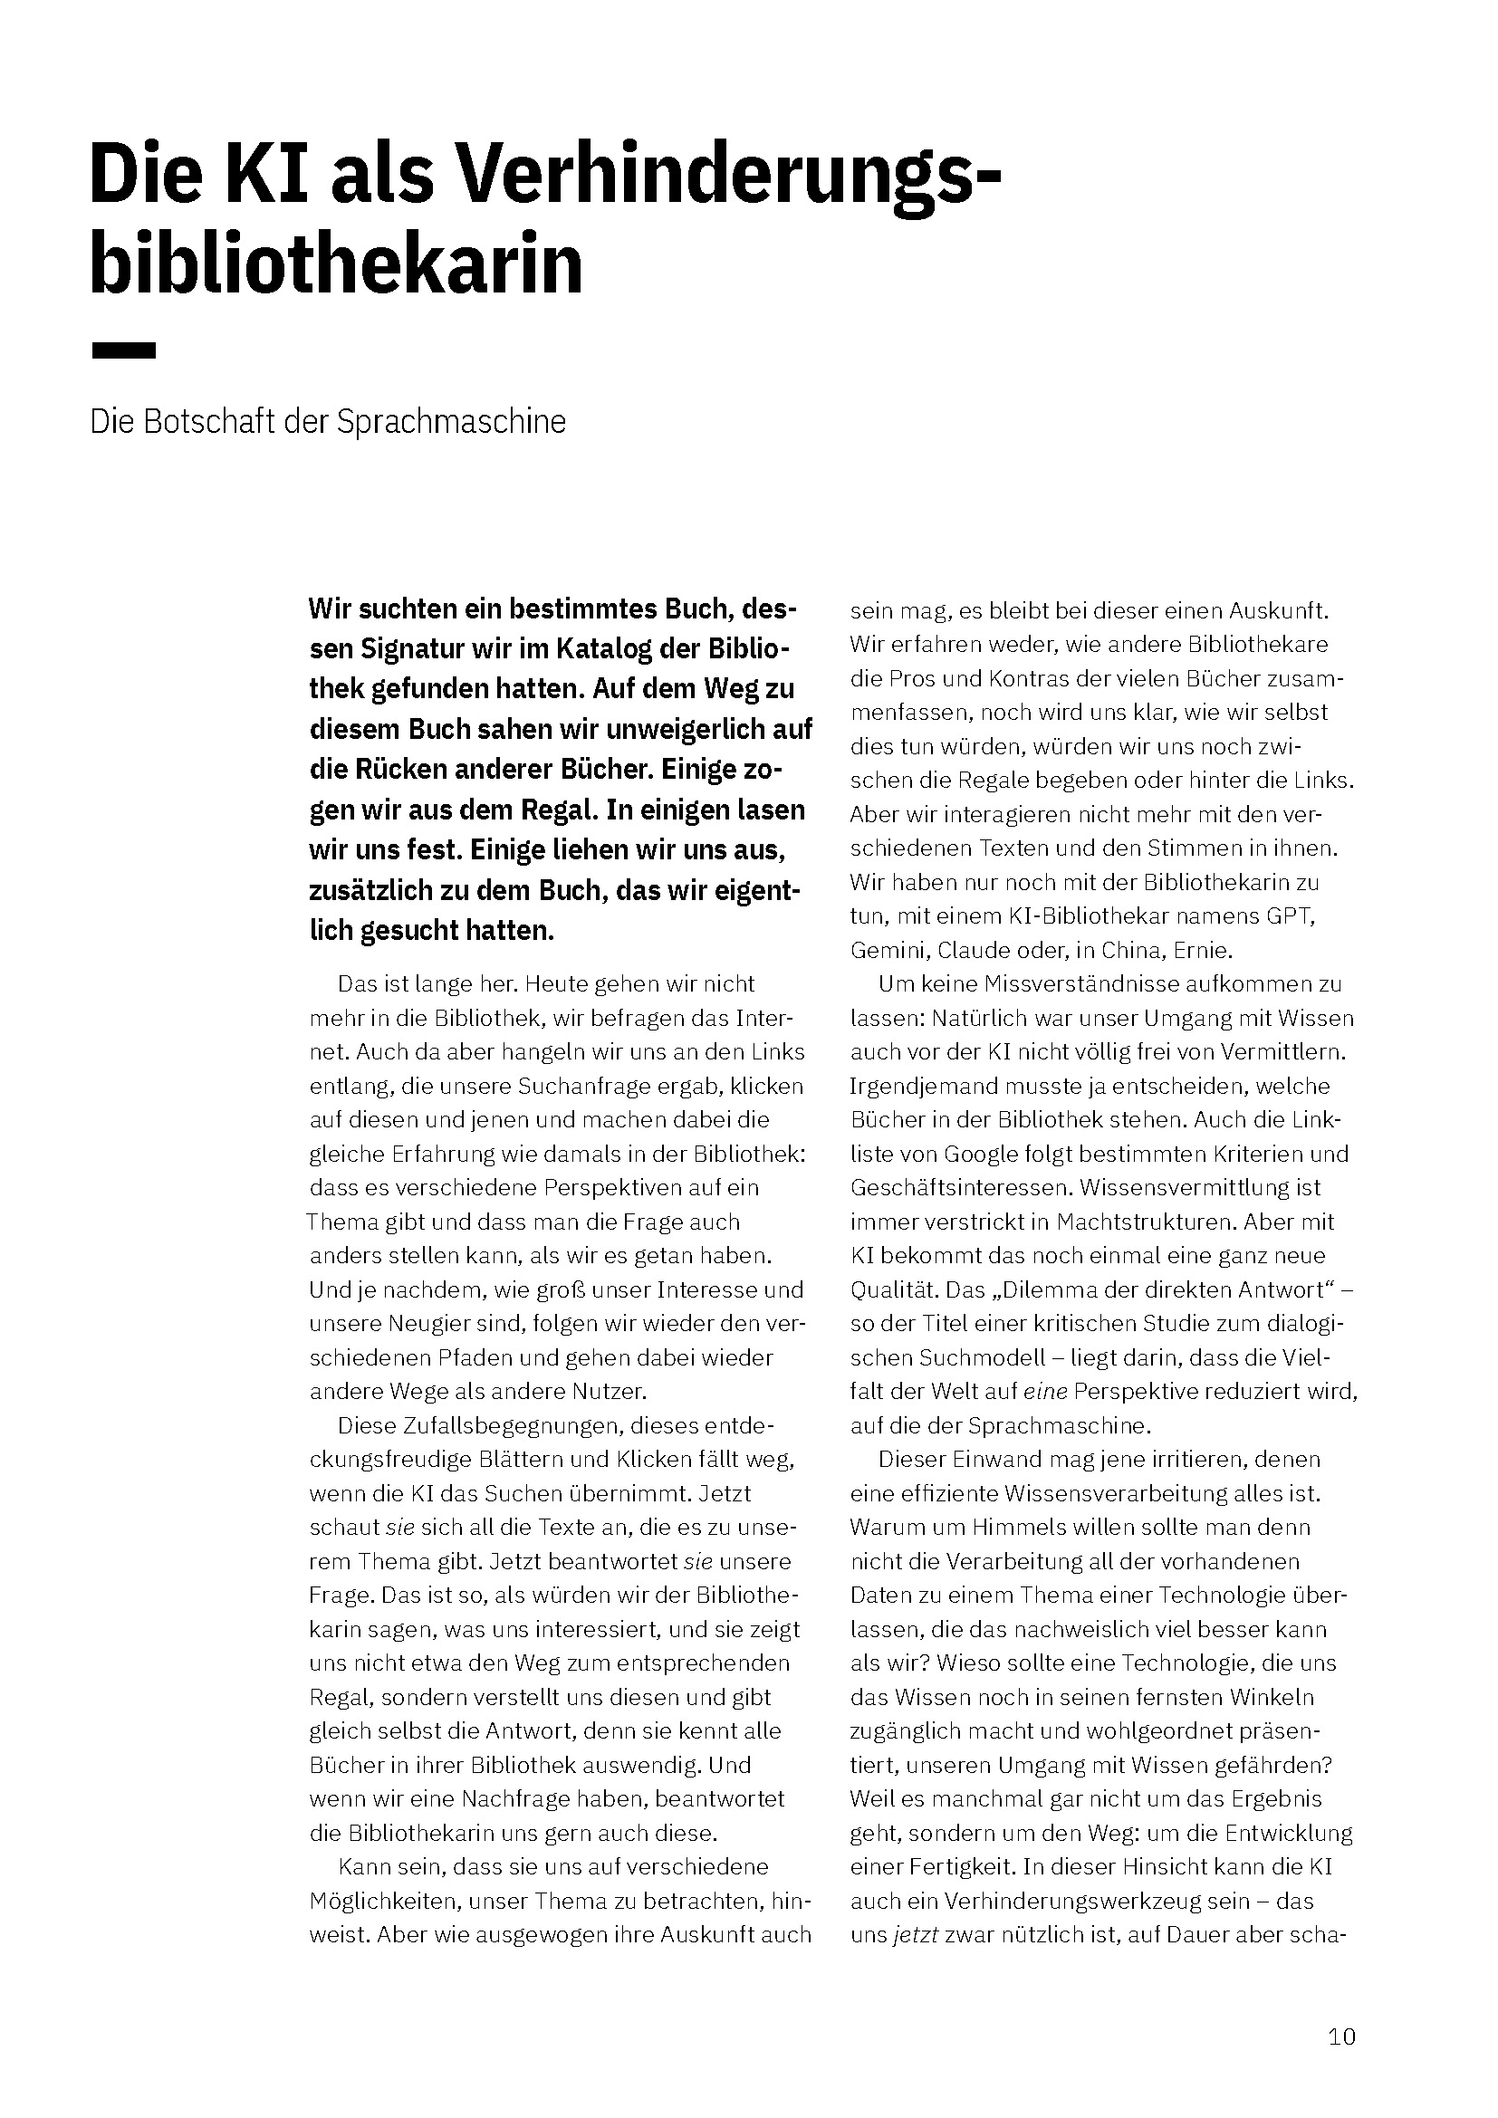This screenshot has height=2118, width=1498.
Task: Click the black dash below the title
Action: tap(123, 350)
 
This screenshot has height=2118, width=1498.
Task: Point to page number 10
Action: tap(1342, 2036)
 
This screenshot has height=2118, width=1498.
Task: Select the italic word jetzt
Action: tap(915, 1935)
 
